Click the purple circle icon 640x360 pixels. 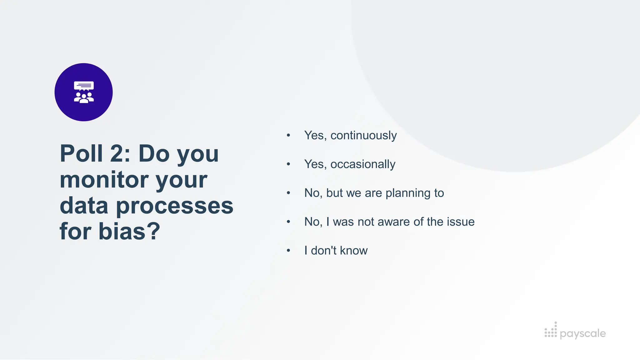(x=83, y=92)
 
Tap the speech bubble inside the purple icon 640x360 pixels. (x=84, y=85)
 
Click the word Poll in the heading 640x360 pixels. (x=81, y=153)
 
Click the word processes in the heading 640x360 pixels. (x=175, y=206)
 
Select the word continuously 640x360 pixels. (x=363, y=135)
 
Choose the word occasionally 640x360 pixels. (x=363, y=164)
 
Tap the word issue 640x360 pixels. (x=461, y=222)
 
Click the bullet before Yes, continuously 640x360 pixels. (x=288, y=135)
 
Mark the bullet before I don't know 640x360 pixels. (x=288, y=250)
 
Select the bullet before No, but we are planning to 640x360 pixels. (x=288, y=193)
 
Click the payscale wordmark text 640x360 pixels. (x=582, y=333)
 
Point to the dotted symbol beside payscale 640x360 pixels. (x=551, y=331)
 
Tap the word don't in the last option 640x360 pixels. (x=324, y=251)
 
